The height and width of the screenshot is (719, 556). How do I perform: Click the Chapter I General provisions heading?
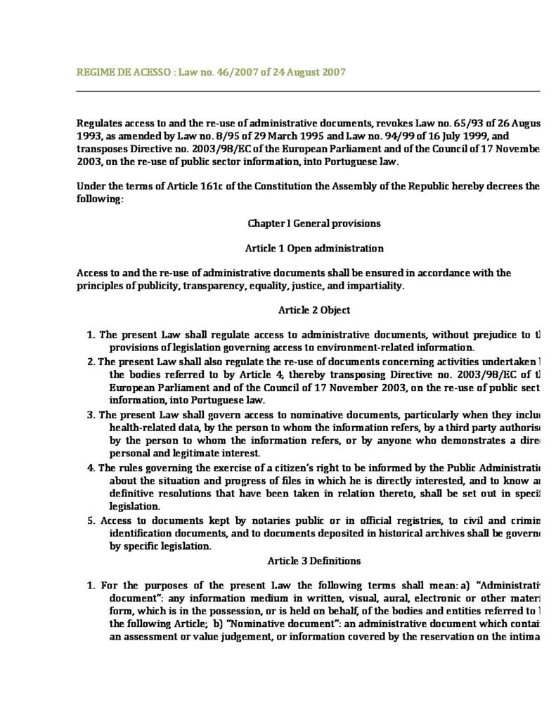tap(314, 223)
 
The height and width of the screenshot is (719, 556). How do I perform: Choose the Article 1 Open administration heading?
tap(314, 249)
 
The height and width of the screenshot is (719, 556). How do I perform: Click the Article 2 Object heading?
tap(314, 310)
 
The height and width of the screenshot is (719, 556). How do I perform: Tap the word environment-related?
tap(361, 347)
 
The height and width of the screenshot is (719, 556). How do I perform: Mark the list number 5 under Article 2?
tap(91, 520)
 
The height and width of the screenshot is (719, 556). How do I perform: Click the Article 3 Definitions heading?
tap(314, 560)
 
